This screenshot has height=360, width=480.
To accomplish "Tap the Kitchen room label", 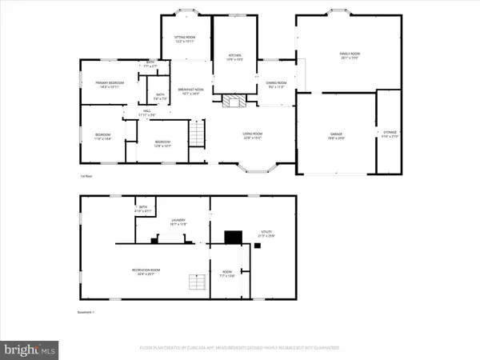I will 233,56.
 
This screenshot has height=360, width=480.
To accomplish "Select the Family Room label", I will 347,55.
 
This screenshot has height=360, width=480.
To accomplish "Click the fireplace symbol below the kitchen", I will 232,102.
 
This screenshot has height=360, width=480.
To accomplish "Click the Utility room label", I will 265,234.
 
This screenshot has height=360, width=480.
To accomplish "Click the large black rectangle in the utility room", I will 233,237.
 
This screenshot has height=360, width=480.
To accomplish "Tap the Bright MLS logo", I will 30,348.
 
